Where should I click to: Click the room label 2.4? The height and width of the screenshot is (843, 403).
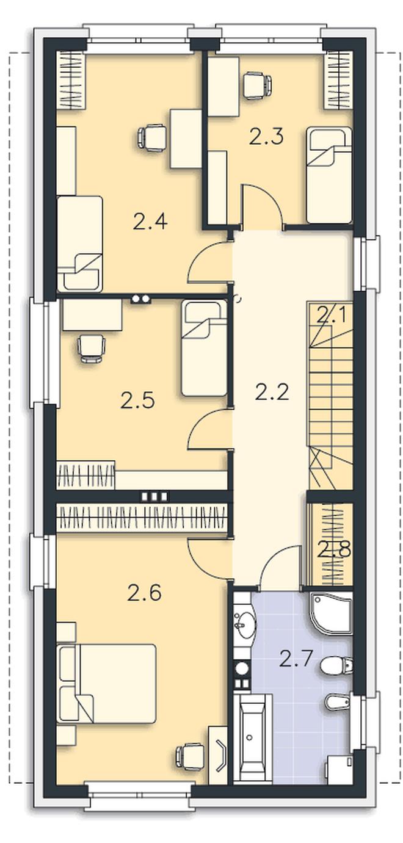click(150, 222)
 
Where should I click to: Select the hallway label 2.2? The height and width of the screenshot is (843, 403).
click(272, 392)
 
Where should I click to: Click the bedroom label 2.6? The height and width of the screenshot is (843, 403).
click(144, 593)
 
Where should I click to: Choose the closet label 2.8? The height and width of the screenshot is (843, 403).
click(334, 549)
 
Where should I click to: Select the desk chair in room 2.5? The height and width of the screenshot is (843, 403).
click(91, 349)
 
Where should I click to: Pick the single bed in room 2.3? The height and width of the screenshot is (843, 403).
click(329, 175)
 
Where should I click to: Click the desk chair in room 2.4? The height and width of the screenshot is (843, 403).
click(151, 138)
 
